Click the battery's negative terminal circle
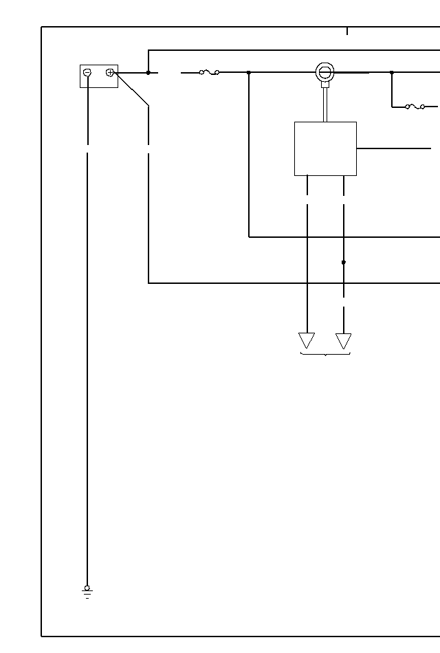point(87,72)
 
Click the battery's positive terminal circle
point(110,72)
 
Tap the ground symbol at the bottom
point(87,592)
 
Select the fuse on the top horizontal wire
point(209,72)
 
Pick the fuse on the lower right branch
point(415,107)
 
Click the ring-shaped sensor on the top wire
point(324,71)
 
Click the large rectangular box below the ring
point(325,148)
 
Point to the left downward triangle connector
point(307,340)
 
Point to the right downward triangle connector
point(343,340)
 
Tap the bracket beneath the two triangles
point(325,355)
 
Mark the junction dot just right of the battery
point(148,72)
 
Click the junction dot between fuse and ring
point(249,72)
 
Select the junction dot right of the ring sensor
point(392,72)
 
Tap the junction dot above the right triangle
point(344,262)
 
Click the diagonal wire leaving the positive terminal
point(132,89)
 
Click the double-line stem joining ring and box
point(324,103)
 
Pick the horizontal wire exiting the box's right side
point(393,148)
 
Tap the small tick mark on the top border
point(347,31)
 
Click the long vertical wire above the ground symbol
point(87,371)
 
